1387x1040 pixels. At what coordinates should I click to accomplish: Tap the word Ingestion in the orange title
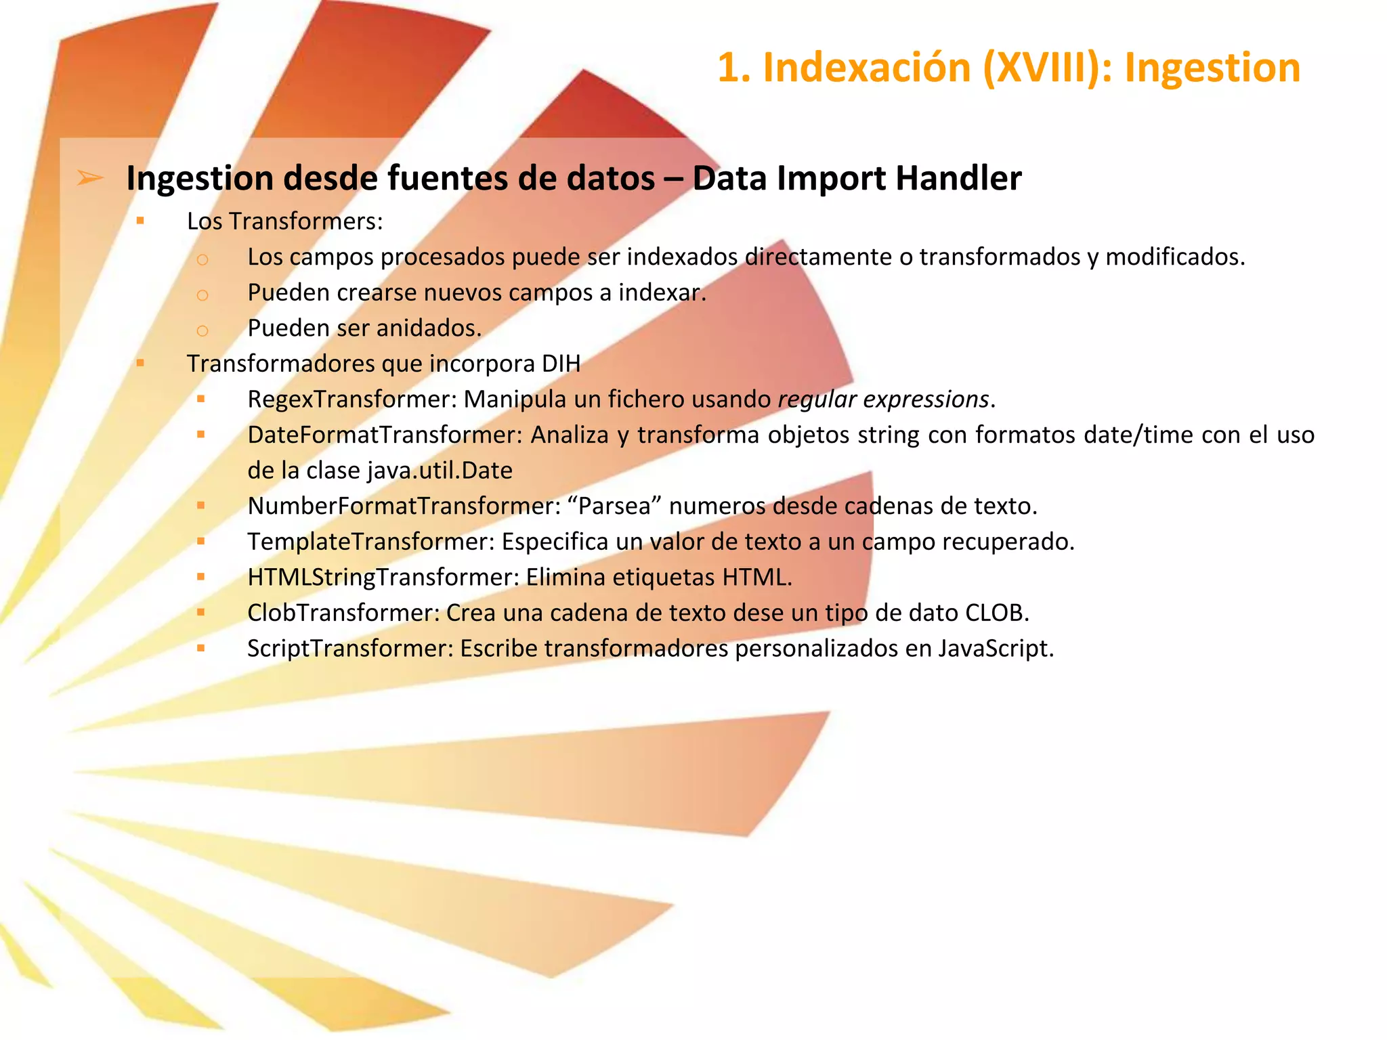pos(1212,68)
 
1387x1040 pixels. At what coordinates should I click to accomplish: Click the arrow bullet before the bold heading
pos(90,178)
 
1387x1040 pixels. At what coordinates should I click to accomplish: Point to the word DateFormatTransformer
pos(385,435)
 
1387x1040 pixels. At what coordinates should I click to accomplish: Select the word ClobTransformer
pos(343,613)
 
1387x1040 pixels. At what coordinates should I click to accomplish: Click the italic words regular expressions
pos(883,399)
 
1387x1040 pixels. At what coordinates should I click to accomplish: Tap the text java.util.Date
pos(440,471)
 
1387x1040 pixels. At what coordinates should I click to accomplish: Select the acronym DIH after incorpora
pos(561,364)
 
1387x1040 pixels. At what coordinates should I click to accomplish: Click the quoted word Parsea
pos(615,506)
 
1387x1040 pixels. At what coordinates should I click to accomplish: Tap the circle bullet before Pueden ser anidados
pos(202,330)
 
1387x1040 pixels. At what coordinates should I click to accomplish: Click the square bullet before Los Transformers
pos(140,220)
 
